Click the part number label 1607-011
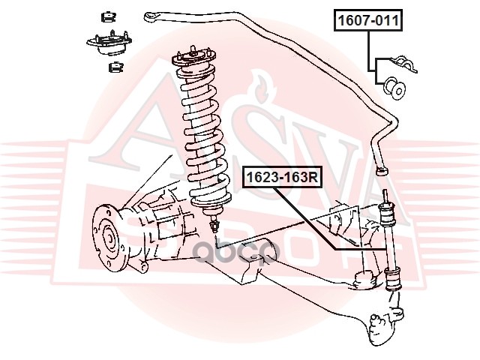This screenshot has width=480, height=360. click(367, 20)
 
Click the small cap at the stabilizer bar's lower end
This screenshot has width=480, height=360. click(382, 172)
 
